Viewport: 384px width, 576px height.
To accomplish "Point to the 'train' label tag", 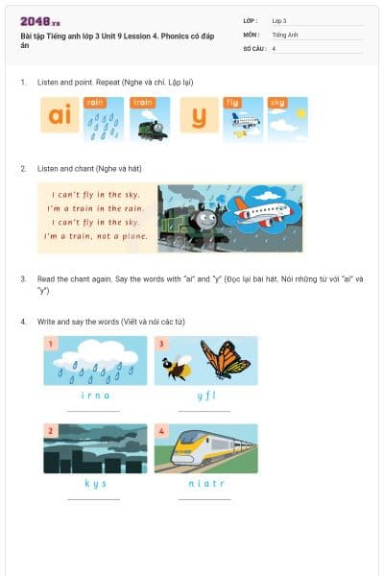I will pos(143,102).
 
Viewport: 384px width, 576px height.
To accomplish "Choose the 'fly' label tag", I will pos(232,102).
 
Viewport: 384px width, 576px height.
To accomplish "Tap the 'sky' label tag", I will pos(277,102).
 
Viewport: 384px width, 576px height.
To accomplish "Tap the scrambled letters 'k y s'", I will pos(94,483).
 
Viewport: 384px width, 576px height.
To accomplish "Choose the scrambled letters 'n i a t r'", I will pos(204,483).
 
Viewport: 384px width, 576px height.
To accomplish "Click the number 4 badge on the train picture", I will pos(162,431).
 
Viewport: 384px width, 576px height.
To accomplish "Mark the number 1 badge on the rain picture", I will pos(51,343).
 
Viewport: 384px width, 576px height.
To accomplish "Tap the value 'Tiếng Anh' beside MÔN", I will pos(284,34).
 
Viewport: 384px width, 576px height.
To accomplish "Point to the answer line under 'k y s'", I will pos(94,499).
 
